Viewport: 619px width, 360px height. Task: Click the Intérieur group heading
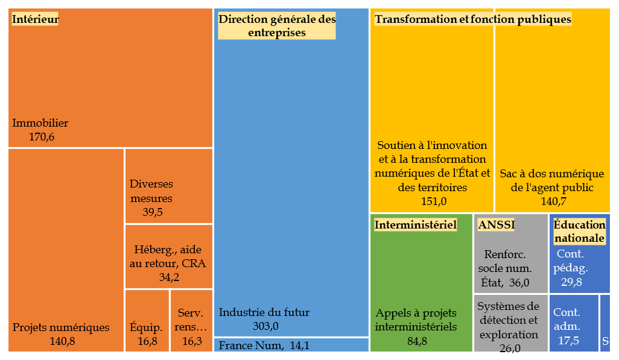tap(35, 19)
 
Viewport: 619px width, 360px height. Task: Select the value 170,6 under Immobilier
tap(42, 137)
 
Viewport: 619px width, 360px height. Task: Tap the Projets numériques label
tap(61, 327)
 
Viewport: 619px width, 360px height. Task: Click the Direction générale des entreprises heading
tap(277, 26)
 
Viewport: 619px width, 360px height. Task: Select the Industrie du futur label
tap(264, 312)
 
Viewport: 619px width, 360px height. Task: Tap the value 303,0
tap(266, 326)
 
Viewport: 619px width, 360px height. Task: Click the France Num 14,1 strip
tap(291, 346)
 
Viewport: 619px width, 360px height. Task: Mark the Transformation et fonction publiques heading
tap(472, 19)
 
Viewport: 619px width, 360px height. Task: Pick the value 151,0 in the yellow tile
tap(432, 201)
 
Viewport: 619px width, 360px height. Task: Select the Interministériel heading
tap(415, 225)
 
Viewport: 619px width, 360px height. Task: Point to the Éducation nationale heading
tap(579, 232)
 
